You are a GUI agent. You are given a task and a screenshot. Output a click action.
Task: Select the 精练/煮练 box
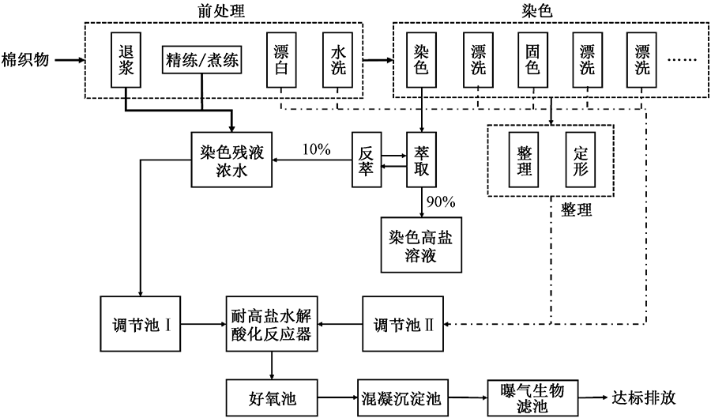[202, 60]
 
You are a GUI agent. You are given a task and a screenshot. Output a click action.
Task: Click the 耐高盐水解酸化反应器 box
[271, 323]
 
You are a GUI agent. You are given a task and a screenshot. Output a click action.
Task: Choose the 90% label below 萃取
[439, 201]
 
